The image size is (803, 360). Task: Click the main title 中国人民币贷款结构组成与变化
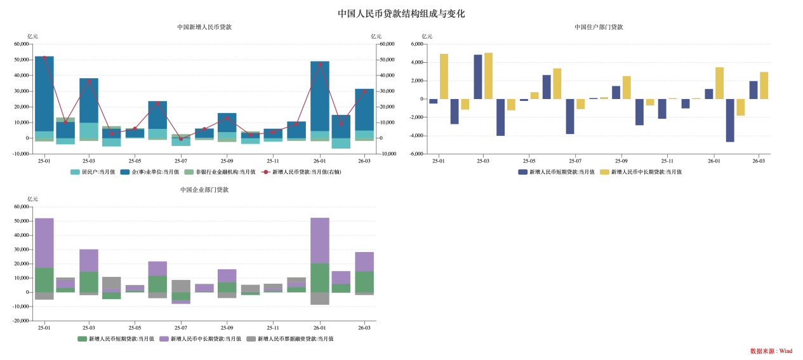pos(401,13)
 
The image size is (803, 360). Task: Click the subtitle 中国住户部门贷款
pos(599,27)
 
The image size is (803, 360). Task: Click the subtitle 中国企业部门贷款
pos(204,190)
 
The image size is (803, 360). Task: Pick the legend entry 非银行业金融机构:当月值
pos(220,172)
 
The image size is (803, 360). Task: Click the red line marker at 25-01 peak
pos(44,58)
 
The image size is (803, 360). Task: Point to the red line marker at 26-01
pos(320,64)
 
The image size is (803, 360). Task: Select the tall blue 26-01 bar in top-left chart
pos(320,95)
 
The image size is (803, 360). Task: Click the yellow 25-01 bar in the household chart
pos(444,76)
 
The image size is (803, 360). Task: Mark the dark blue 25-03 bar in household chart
pos(478,77)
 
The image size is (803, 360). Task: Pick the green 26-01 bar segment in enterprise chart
pos(320,277)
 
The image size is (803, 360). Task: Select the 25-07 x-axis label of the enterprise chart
pos(181,328)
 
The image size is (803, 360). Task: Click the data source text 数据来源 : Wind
pos(771,351)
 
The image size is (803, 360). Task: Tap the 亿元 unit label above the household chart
pos(427,37)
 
